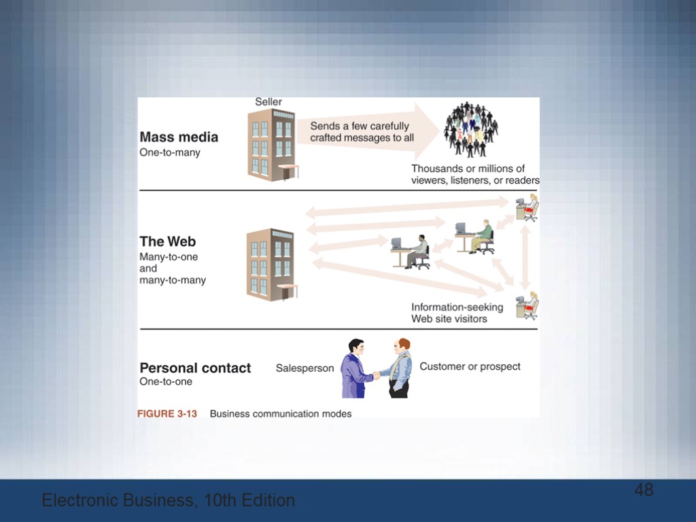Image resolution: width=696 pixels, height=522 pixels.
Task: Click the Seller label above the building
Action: coord(268,102)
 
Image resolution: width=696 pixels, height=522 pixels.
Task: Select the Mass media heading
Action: coord(179,137)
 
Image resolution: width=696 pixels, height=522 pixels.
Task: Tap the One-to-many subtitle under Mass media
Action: coord(170,153)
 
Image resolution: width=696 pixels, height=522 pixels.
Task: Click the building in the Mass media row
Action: coord(272,144)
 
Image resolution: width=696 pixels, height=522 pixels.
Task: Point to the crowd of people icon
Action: coord(470,130)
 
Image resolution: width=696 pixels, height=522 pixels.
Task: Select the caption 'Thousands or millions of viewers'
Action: coord(474,175)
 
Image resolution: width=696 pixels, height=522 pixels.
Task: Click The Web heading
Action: coord(167,241)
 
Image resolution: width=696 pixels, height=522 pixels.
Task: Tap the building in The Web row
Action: coord(271,264)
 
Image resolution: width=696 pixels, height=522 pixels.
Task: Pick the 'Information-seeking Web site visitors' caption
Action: coord(457,313)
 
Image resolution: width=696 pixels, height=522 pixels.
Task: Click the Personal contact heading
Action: coord(195,368)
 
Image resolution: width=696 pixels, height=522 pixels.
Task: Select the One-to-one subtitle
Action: coord(166,382)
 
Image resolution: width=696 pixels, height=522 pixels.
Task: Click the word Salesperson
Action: coord(304,368)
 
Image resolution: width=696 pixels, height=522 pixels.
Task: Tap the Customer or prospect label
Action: coord(470,366)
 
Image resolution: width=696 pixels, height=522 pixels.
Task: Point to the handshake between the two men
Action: coord(376,375)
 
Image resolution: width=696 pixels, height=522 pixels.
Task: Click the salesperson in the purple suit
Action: coord(355,370)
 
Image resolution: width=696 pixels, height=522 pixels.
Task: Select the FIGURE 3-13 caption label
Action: coord(167,413)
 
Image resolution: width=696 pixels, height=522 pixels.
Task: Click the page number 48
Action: coord(644,490)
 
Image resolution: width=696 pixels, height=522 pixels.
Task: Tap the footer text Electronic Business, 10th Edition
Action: coord(168,501)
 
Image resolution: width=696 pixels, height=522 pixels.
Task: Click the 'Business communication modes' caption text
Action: coord(281,413)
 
